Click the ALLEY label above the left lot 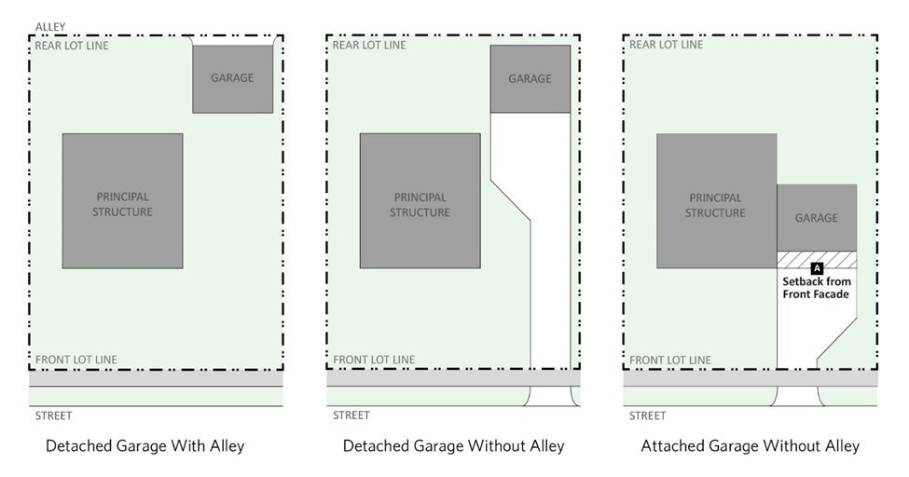pyautogui.click(x=50, y=27)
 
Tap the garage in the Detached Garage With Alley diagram pyautogui.click(x=232, y=79)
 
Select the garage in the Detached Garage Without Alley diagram pyautogui.click(x=530, y=79)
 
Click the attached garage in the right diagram pyautogui.click(x=817, y=218)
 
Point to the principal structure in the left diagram pyautogui.click(x=122, y=201)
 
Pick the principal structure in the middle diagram pyautogui.click(x=420, y=201)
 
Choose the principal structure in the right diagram pyautogui.click(x=717, y=201)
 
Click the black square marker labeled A pyautogui.click(x=817, y=268)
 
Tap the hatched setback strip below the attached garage pyautogui.click(x=817, y=260)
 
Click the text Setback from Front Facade pyautogui.click(x=817, y=288)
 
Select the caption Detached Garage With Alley pyautogui.click(x=145, y=445)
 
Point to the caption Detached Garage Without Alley pyautogui.click(x=453, y=445)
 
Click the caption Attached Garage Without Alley pyautogui.click(x=751, y=445)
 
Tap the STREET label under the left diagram pyautogui.click(x=53, y=416)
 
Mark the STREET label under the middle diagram pyautogui.click(x=351, y=416)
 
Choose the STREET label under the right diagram pyautogui.click(x=648, y=416)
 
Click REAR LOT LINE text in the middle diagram pyautogui.click(x=368, y=45)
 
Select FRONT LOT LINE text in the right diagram pyautogui.click(x=670, y=360)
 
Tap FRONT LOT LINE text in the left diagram pyautogui.click(x=76, y=360)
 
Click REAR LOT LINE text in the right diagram pyautogui.click(x=666, y=45)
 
